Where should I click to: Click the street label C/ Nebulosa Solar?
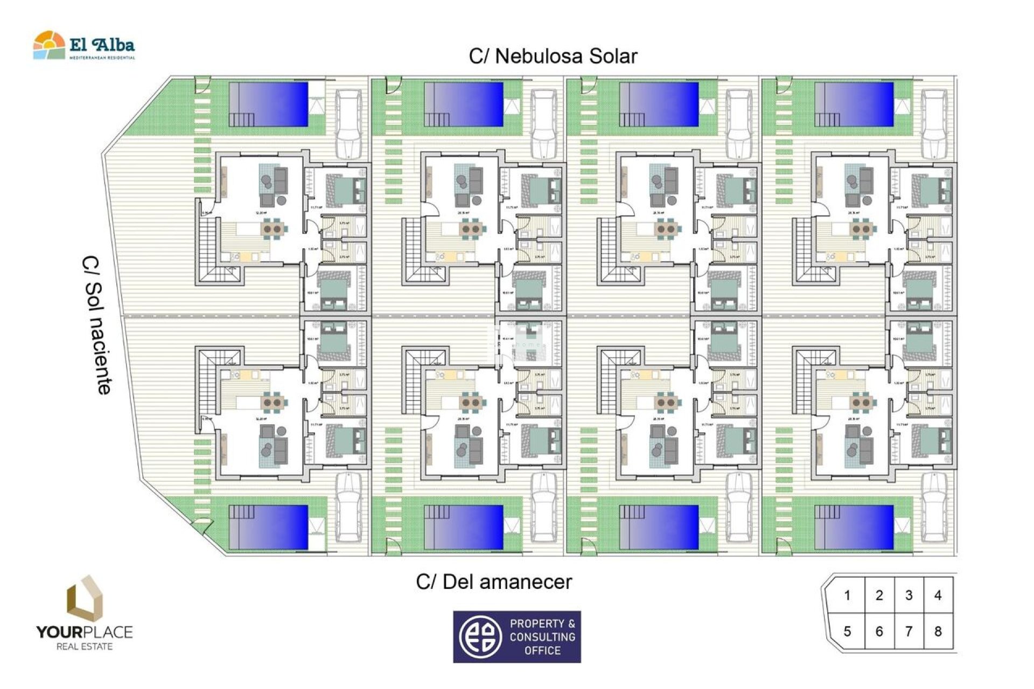[553, 56]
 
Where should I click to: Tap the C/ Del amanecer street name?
[493, 582]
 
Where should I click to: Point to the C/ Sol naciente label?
[98, 325]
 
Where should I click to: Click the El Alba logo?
[84, 46]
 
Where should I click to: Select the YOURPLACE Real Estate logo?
[84, 614]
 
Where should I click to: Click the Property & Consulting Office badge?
[516, 636]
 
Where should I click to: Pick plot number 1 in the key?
[847, 595]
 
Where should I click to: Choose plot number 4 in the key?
[938, 595]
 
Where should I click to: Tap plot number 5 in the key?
[847, 631]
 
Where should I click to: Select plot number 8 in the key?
[938, 631]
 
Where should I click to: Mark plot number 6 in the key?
[879, 631]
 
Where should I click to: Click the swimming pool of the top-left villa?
[269, 104]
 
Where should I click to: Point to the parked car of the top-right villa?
[934, 124]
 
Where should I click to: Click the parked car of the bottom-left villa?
[348, 507]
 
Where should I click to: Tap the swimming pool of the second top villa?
[464, 104]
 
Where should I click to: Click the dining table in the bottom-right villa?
[860, 402]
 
